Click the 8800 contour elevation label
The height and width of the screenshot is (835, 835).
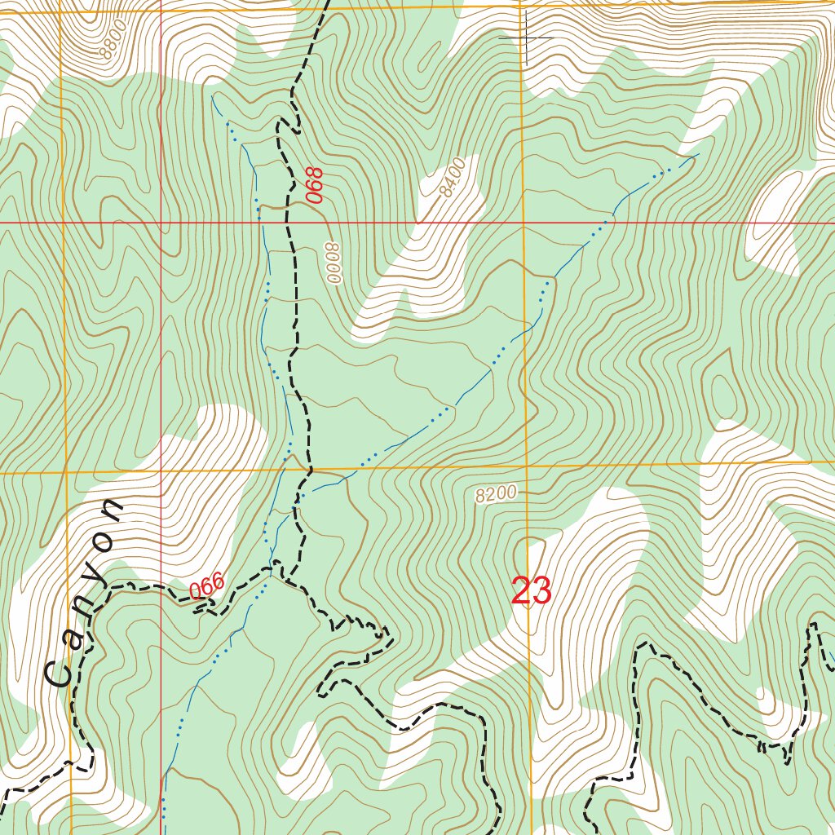tap(111, 42)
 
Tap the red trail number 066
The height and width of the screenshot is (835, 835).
tap(206, 588)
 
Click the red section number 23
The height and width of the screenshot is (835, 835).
tap(532, 590)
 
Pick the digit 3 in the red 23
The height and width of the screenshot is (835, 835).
tap(542, 590)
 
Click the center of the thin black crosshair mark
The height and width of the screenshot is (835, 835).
tap(526, 38)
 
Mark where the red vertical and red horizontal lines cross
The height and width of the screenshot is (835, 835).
tap(161, 222)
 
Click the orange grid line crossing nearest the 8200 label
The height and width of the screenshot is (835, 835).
tap(524, 466)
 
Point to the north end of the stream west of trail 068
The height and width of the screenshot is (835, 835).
tap(213, 95)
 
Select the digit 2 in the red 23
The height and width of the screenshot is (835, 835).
tap(522, 590)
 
